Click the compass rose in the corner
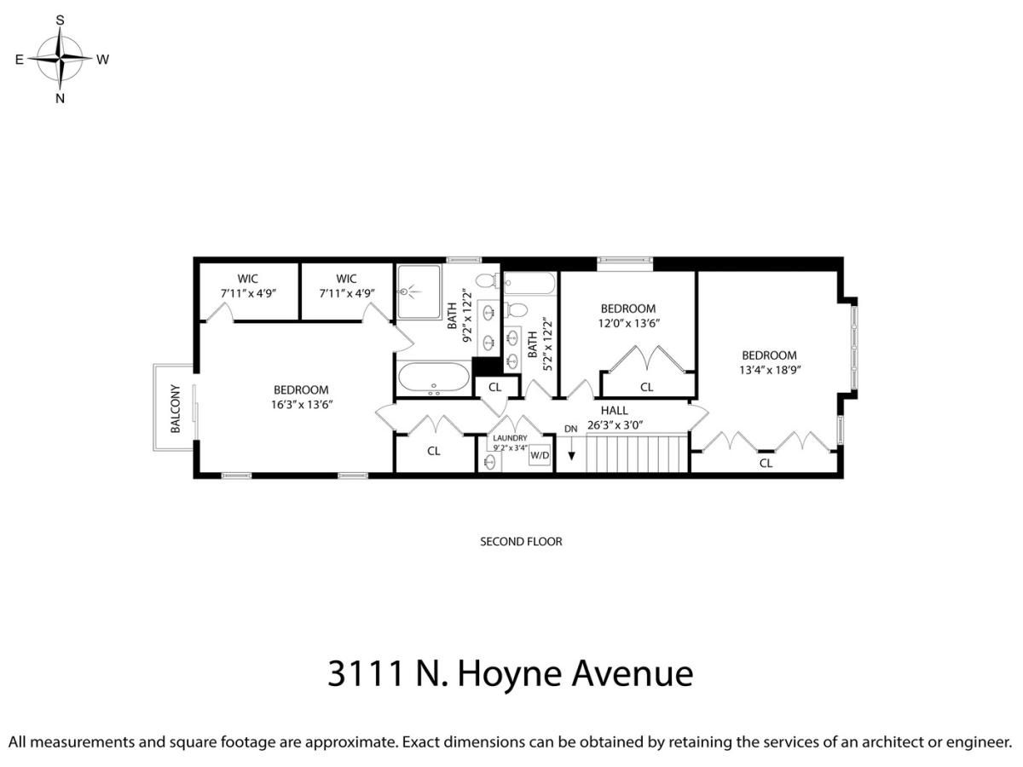click(61, 59)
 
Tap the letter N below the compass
click(61, 98)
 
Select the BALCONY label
click(176, 408)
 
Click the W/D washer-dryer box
click(540, 455)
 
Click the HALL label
click(614, 410)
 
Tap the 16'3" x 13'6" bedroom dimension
click(302, 404)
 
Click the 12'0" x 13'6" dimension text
click(628, 323)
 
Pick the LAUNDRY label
click(510, 438)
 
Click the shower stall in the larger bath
click(418, 292)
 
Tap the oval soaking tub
click(434, 378)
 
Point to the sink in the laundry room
click(489, 462)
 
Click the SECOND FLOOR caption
click(521, 542)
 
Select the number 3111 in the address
click(366, 673)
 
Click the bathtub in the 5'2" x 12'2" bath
click(530, 283)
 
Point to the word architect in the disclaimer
click(893, 741)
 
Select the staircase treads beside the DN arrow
click(637, 453)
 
